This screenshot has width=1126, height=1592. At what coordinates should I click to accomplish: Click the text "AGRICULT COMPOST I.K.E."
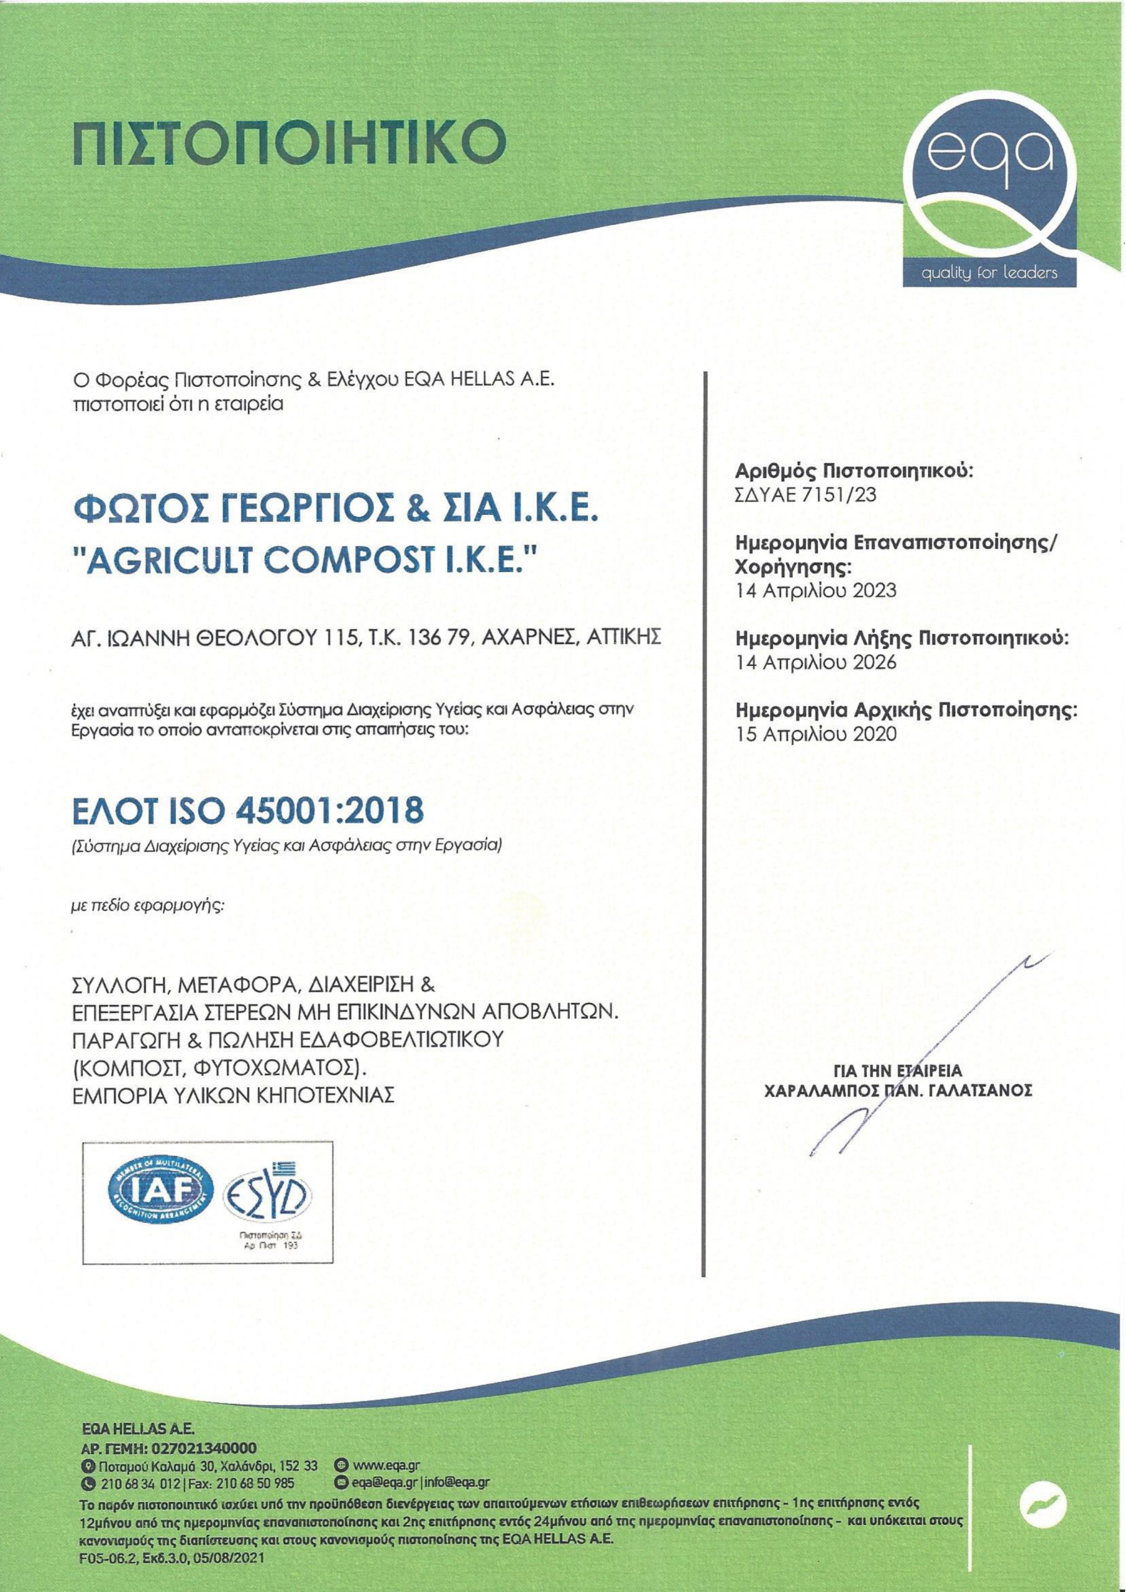(x=305, y=561)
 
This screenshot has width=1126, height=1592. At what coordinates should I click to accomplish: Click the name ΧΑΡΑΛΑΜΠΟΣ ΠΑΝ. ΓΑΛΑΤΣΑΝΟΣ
(x=898, y=1090)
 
